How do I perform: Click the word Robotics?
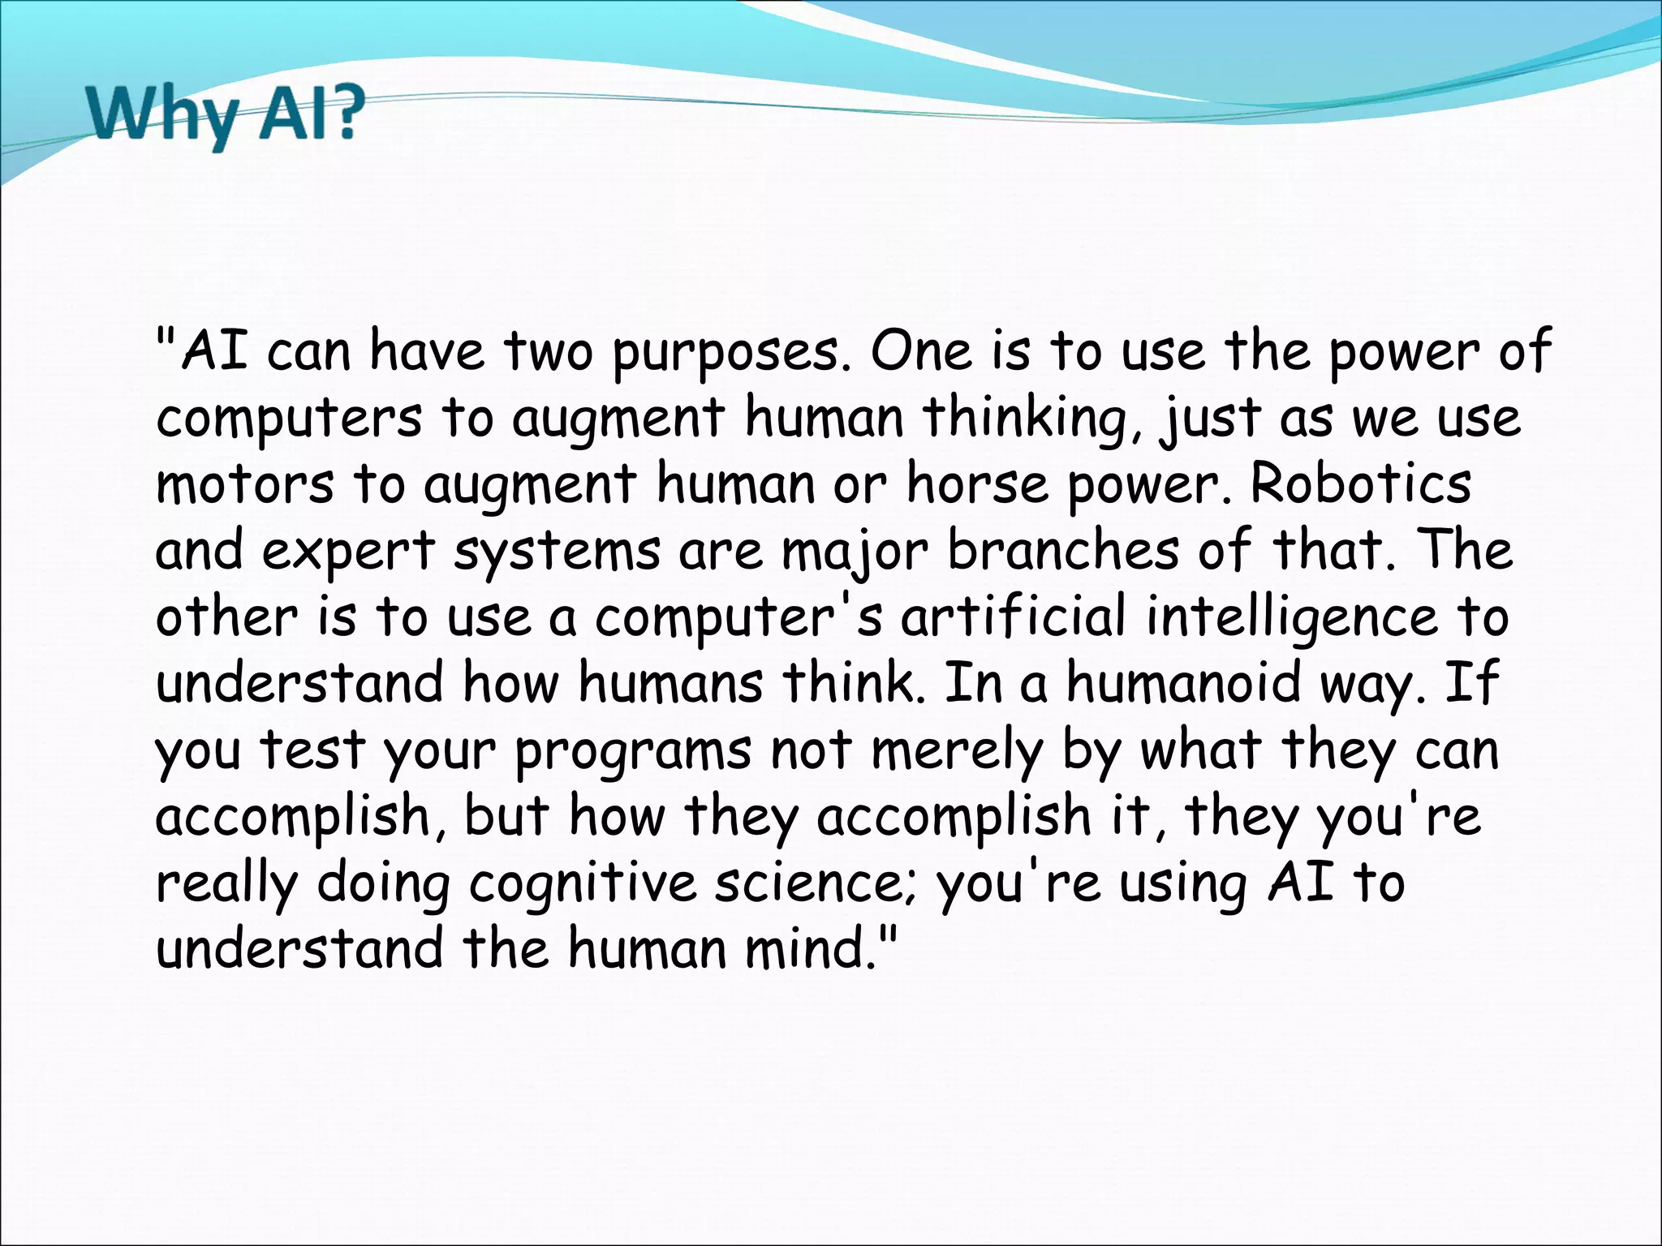[1360, 483]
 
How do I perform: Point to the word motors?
[243, 484]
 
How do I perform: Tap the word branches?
[1062, 550]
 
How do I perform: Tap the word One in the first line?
[920, 352]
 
